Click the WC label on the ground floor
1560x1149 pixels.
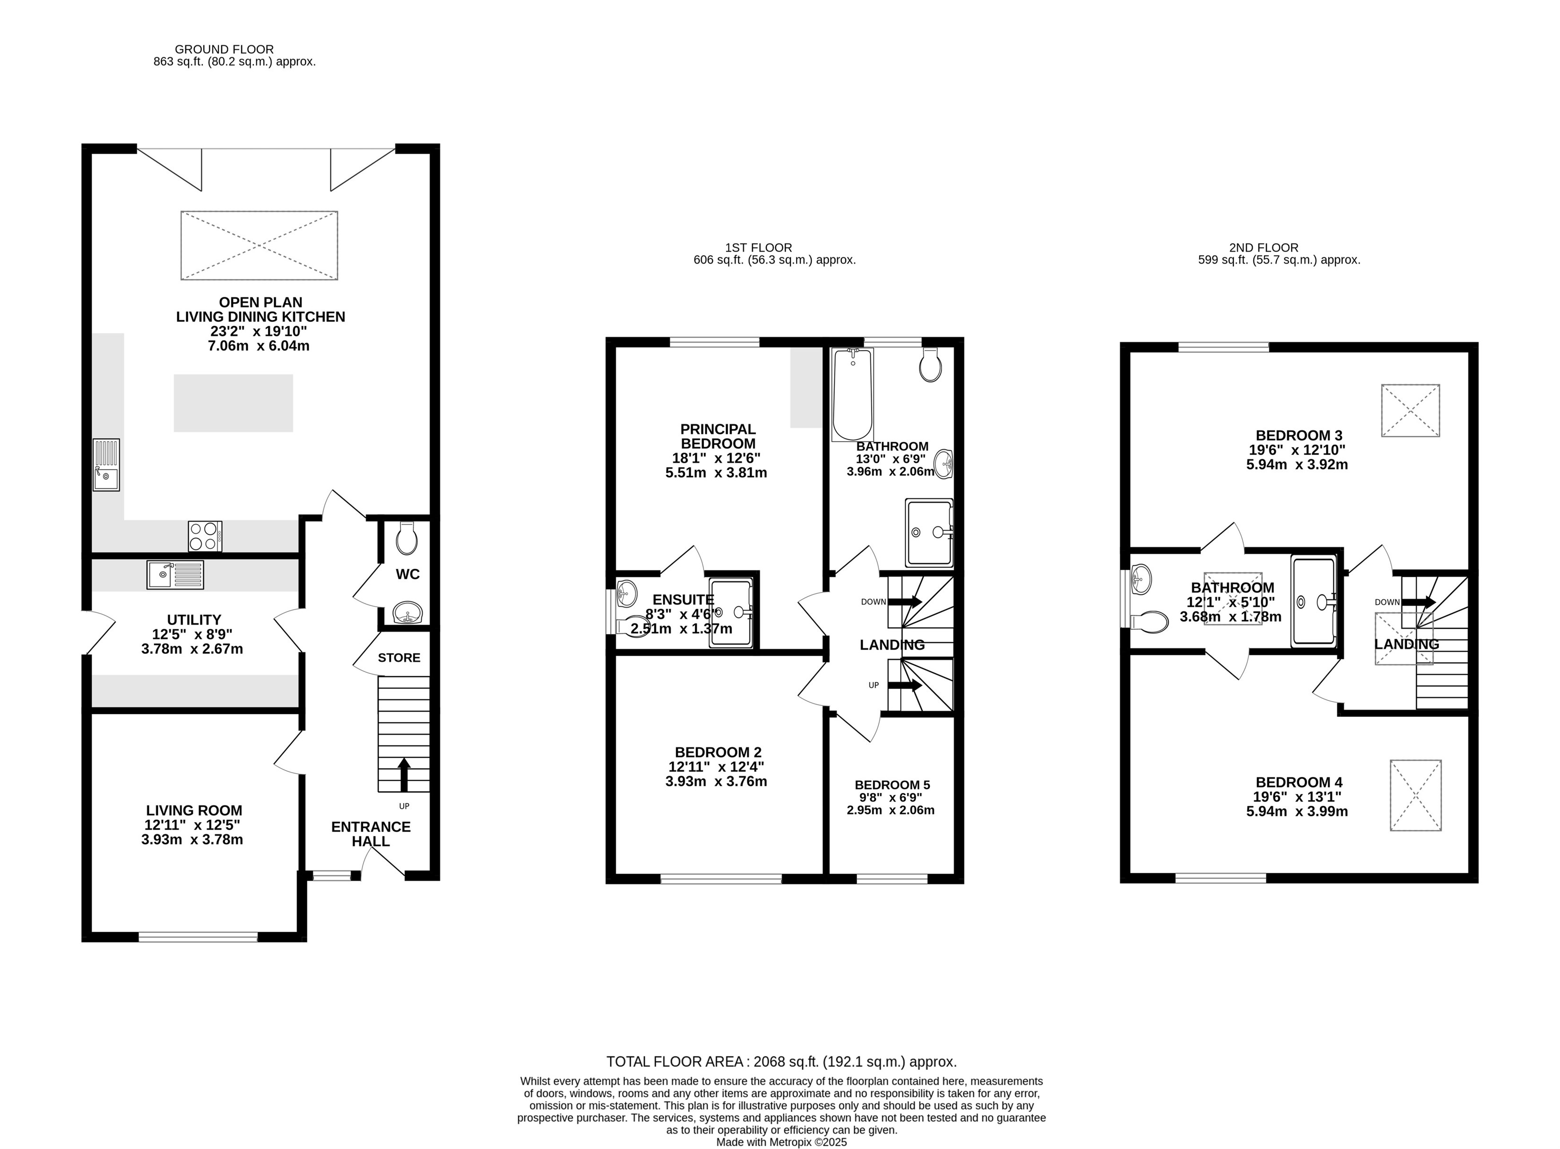407,574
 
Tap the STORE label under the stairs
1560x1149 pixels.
399,657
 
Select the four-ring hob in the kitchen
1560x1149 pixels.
205,536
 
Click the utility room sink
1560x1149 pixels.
175,574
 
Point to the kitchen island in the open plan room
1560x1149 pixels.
233,403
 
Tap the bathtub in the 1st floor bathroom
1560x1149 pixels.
852,394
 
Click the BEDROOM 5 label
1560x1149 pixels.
892,784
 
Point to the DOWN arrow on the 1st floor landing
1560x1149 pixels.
905,601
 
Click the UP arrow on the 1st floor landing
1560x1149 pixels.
905,685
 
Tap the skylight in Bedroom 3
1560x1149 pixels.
1410,410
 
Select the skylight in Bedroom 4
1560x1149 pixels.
1415,795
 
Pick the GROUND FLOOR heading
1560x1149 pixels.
224,49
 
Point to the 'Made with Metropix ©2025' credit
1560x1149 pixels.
781,1142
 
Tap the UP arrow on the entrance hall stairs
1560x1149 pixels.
403,774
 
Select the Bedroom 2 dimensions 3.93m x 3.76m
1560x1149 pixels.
716,781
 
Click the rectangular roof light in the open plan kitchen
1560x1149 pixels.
260,245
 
